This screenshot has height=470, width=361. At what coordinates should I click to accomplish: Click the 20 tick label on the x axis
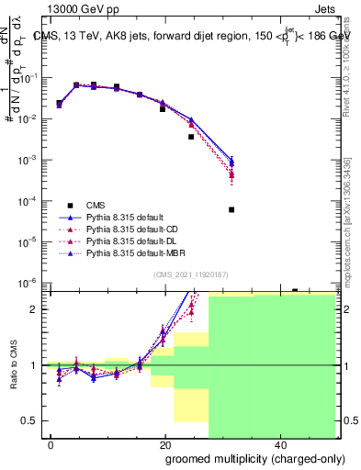pos(165,444)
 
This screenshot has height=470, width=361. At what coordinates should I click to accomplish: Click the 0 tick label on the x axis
pos(51,444)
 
